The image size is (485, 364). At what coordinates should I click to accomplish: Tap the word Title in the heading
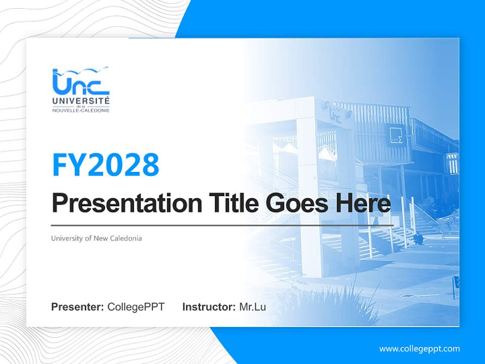(x=229, y=203)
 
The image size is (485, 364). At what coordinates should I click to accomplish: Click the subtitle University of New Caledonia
(x=96, y=238)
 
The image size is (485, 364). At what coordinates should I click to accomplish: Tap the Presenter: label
(x=77, y=307)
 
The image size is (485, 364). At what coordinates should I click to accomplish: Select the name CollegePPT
(x=136, y=307)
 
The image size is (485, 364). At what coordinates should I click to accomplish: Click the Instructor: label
(x=209, y=307)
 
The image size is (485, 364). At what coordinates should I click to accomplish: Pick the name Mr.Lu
(x=252, y=307)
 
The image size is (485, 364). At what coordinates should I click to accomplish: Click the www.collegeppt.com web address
(x=419, y=349)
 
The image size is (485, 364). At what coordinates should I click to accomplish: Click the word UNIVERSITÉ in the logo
(x=81, y=102)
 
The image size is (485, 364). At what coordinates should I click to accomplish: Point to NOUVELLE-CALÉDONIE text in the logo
(x=81, y=110)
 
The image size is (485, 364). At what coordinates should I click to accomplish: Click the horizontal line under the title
(x=222, y=225)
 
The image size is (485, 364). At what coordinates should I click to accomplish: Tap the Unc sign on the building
(x=334, y=115)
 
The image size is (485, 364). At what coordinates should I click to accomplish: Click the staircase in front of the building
(x=389, y=238)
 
